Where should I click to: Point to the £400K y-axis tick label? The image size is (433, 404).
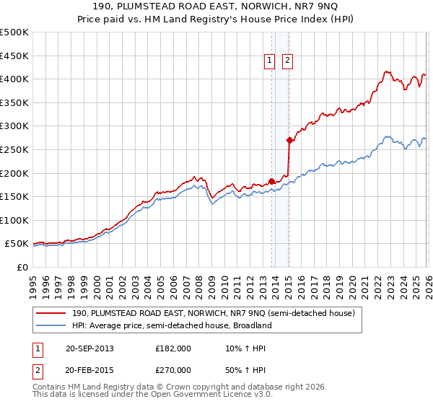coord(14,79)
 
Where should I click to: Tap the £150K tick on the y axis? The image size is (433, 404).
coord(14,196)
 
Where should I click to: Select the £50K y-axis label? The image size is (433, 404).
coord(17,243)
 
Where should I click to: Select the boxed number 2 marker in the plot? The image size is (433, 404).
coord(287,61)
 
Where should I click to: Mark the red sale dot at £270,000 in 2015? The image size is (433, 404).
coord(289,140)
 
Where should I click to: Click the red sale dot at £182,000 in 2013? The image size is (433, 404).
coord(271,181)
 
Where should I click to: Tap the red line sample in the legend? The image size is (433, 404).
coord(51,314)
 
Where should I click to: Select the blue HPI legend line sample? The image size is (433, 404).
coord(51,325)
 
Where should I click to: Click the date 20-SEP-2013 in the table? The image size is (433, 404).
coord(89,348)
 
